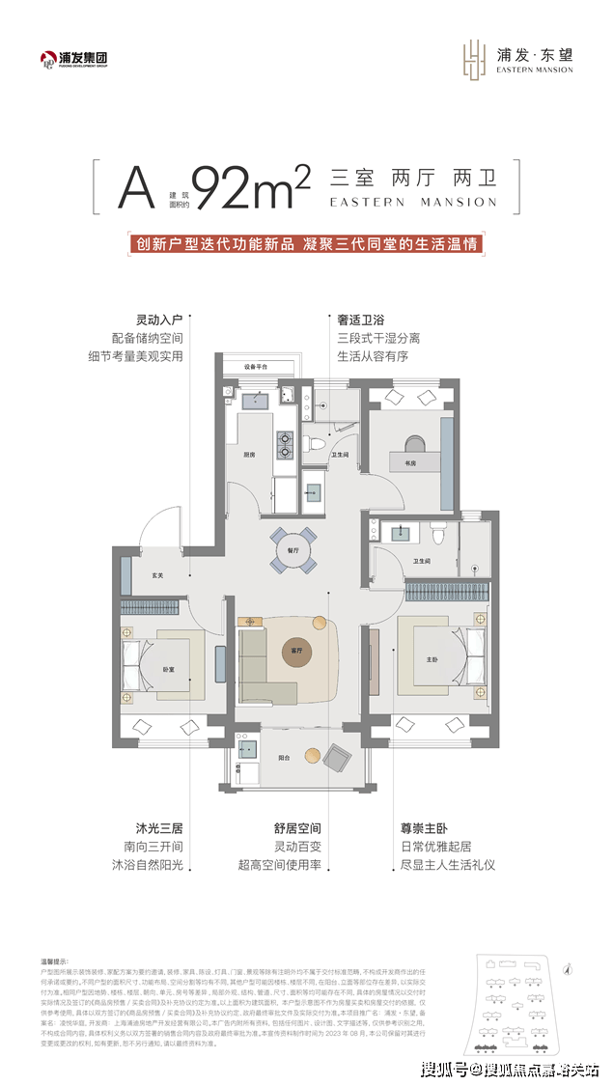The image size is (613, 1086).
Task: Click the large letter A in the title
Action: point(136,188)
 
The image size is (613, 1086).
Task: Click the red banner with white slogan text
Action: point(306,244)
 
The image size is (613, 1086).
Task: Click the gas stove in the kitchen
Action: point(286,445)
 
